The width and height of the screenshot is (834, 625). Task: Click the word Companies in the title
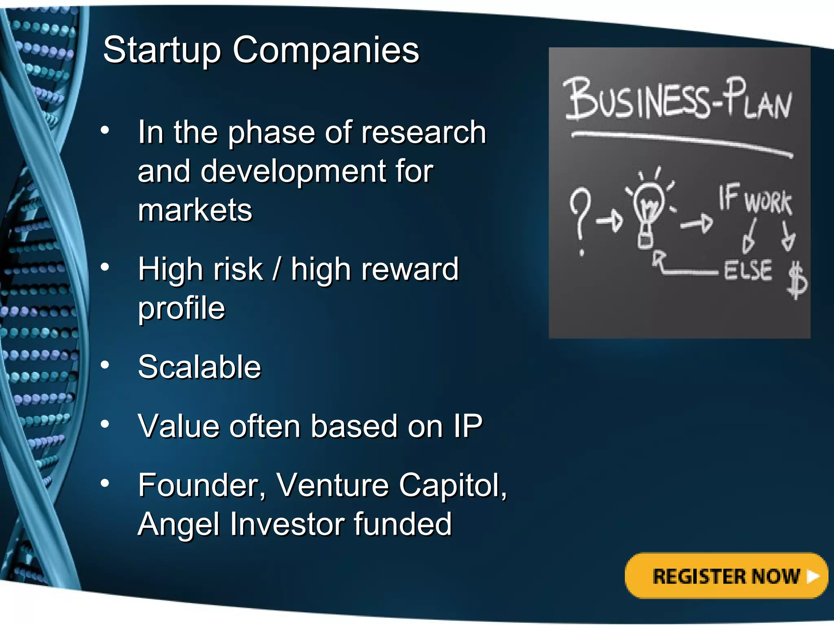pos(326,50)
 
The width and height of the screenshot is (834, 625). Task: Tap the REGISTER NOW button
pos(726,576)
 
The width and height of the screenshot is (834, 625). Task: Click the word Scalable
pos(200,367)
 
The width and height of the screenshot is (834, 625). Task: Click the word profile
pos(182,308)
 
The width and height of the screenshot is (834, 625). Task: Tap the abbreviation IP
pos(468,426)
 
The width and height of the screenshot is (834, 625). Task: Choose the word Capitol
pos(452,485)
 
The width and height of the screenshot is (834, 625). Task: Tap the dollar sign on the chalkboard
pos(797,280)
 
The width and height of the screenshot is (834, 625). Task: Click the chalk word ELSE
pos(748,270)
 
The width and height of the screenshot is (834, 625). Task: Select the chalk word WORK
pos(768,202)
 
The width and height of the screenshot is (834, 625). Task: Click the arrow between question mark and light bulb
pos(610,221)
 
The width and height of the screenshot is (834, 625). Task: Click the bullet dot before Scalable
pos(105,365)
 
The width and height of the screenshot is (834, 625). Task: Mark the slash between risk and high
pos(277,269)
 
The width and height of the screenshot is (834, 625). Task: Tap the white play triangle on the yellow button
pos(813,576)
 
